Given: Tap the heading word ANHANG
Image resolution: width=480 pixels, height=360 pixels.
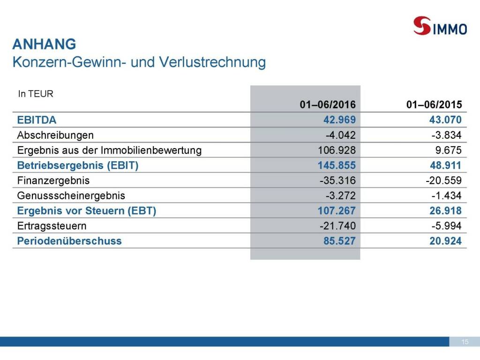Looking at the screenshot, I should [44, 45].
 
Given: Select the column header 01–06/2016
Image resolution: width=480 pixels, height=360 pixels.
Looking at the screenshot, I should [328, 105].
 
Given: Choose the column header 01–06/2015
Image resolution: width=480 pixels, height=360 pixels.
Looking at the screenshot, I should [434, 105].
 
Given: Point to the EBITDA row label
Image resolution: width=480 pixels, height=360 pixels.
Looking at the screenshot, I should [37, 120].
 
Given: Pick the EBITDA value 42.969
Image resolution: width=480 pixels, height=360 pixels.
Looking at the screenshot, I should [339, 120].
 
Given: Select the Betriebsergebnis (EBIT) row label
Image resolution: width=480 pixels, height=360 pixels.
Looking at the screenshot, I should [78, 165].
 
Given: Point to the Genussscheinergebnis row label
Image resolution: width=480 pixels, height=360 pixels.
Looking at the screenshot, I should [71, 195].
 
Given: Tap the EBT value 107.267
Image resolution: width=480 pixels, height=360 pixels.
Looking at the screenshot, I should [337, 211].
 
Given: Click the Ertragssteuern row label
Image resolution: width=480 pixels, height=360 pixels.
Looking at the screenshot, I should [52, 226].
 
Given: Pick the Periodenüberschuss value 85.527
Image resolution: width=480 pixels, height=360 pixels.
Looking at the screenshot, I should [339, 241].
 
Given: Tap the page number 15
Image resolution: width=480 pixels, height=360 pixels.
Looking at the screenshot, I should [465, 342].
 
